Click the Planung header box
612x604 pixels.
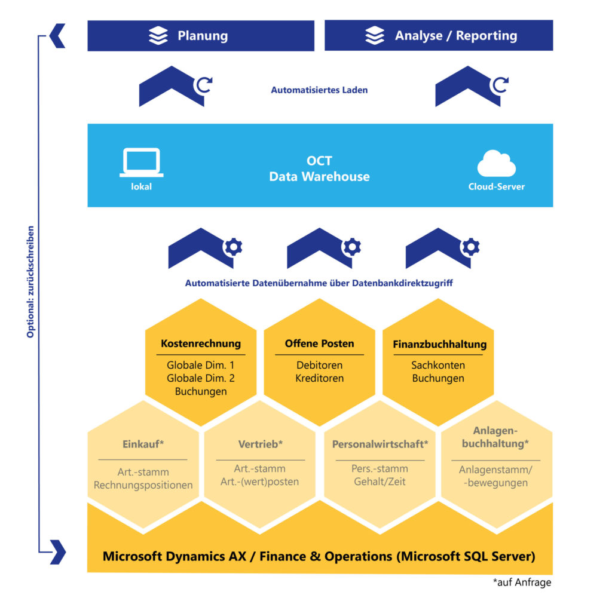pyautogui.click(x=201, y=36)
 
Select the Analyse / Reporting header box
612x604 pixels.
pyautogui.click(x=439, y=36)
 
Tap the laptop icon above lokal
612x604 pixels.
pyautogui.click(x=141, y=162)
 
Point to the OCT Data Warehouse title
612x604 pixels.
pyautogui.click(x=319, y=169)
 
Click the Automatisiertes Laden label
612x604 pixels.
pyautogui.click(x=319, y=90)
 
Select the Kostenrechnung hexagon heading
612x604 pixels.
pyautogui.click(x=201, y=344)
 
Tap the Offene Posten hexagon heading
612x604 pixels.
pyautogui.click(x=319, y=344)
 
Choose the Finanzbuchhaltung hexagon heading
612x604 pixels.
pyautogui.click(x=439, y=344)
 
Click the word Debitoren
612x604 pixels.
pyautogui.click(x=319, y=365)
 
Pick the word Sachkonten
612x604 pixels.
pyautogui.click(x=438, y=365)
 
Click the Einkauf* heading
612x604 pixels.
pyautogui.click(x=143, y=444)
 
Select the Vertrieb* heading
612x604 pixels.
pyautogui.click(x=260, y=444)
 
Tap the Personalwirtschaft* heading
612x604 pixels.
pyautogui.click(x=380, y=444)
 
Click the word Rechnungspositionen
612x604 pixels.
pyautogui.click(x=143, y=485)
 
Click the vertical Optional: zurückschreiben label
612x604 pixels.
pyautogui.click(x=30, y=281)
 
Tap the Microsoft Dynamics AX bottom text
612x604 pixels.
pyautogui.click(x=319, y=556)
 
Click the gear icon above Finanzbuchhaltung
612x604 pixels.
pyautogui.click(x=470, y=246)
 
